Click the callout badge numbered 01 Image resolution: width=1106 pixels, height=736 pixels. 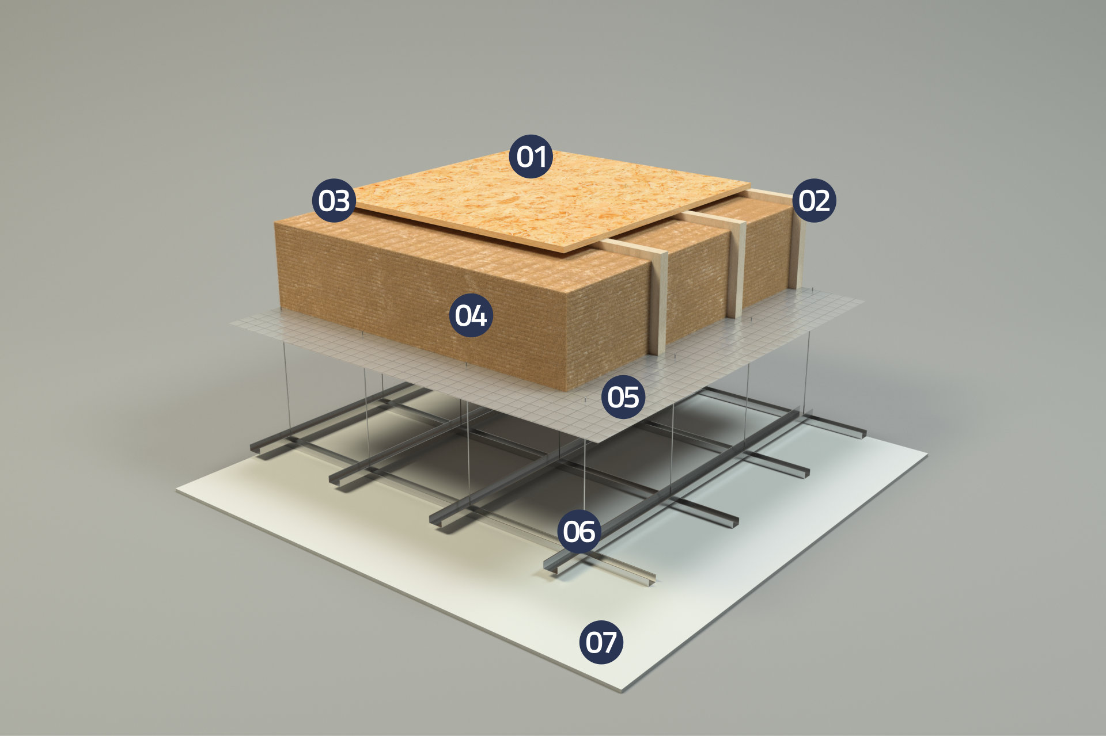(531, 157)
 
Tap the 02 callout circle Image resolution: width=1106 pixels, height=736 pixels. (815, 201)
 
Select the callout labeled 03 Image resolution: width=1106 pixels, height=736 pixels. (334, 201)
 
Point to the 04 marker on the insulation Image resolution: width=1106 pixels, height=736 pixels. (471, 315)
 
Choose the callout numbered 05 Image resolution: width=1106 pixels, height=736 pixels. (623, 396)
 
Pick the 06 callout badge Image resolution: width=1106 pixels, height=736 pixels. (579, 531)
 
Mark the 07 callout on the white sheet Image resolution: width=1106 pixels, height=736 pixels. (601, 642)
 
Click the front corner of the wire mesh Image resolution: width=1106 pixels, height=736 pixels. (599, 443)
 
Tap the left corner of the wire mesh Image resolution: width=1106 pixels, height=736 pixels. (230, 323)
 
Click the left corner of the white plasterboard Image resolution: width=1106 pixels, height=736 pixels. (177, 490)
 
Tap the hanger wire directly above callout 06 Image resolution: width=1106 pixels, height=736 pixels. (585, 475)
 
